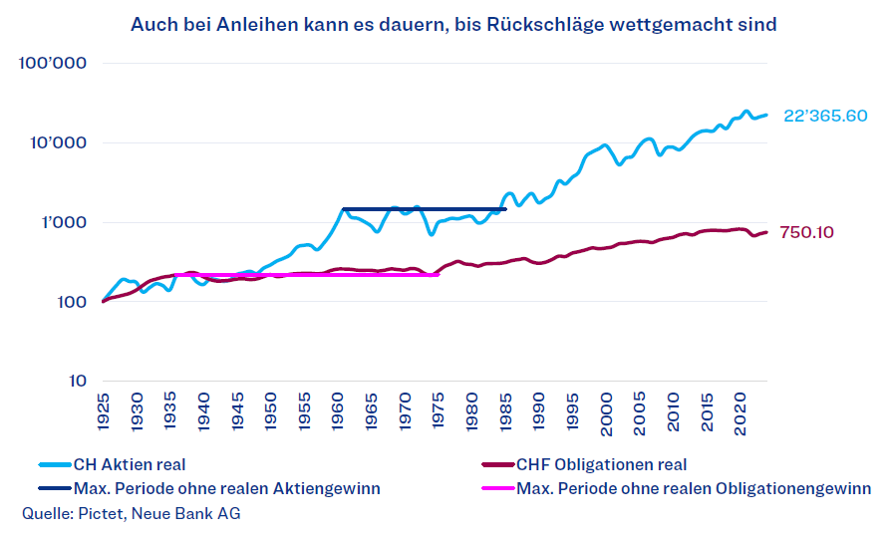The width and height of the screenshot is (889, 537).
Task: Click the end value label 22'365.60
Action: pyautogui.click(x=825, y=116)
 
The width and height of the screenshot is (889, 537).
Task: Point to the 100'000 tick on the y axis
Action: pyautogui.click(x=54, y=64)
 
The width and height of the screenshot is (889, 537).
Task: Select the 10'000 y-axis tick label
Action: pyautogui.click(x=58, y=142)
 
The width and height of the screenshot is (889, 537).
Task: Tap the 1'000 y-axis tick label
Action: pyautogui.click(x=63, y=222)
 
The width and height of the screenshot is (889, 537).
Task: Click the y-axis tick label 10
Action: pyautogui.click(x=78, y=381)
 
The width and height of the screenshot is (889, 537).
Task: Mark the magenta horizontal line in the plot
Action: pyautogui.click(x=299, y=274)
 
